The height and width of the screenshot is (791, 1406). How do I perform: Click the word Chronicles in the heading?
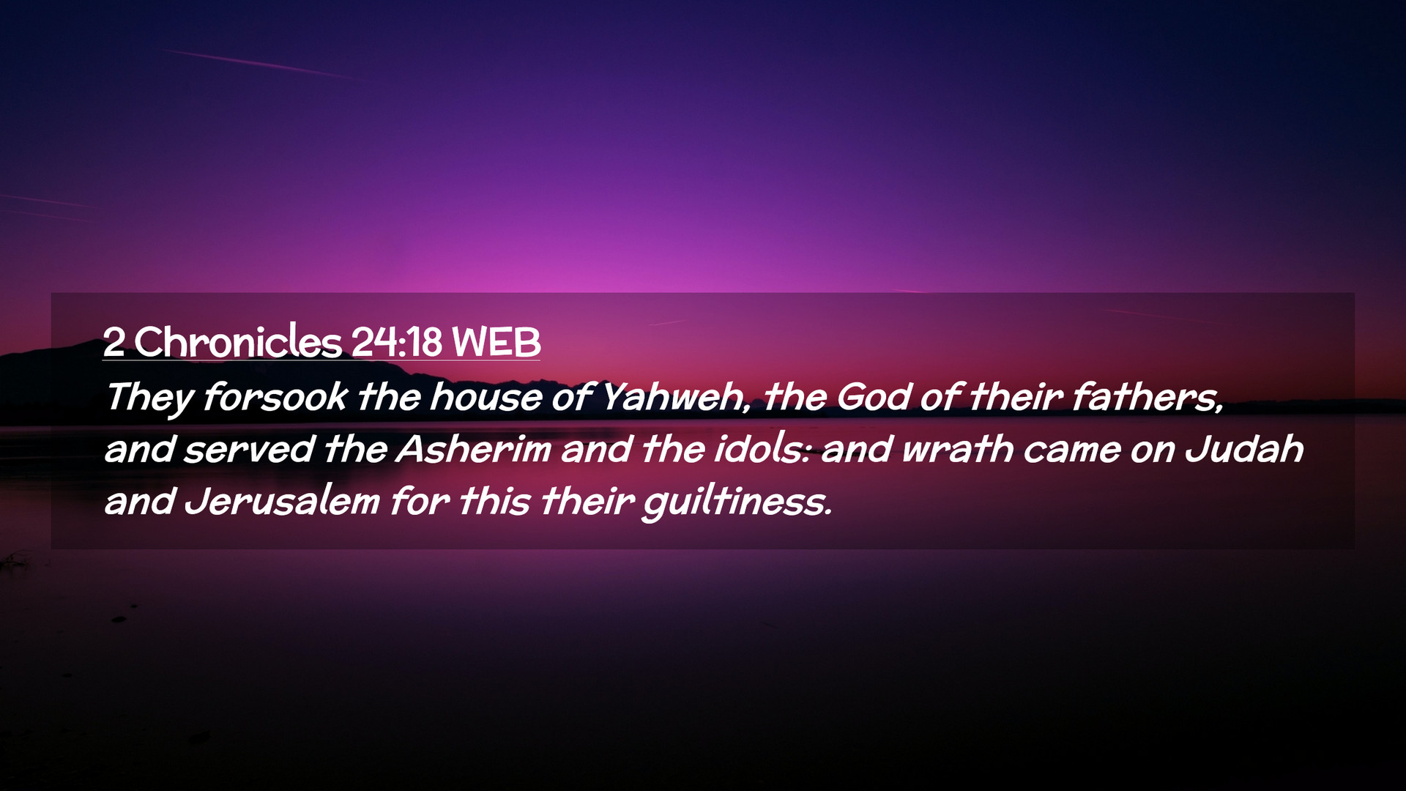pos(238,341)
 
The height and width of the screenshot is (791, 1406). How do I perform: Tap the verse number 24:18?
pos(396,342)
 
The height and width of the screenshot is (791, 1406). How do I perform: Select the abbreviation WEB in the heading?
pos(496,342)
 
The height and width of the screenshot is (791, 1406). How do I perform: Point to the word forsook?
pos(275,397)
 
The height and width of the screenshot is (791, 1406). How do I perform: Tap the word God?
pos(873,397)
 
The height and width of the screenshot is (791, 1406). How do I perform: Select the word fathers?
pos(1148,398)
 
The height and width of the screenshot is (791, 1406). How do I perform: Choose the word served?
pos(249,450)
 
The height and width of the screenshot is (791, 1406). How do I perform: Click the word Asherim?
pos(474,449)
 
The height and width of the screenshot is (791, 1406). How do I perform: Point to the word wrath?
pos(957,449)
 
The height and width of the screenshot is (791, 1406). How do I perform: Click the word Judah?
pos(1244,449)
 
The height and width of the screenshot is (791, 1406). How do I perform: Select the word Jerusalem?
pos(282,502)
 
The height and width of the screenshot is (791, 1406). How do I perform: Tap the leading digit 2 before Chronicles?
pos(114,342)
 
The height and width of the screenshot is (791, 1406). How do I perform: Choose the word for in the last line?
pos(419,502)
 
